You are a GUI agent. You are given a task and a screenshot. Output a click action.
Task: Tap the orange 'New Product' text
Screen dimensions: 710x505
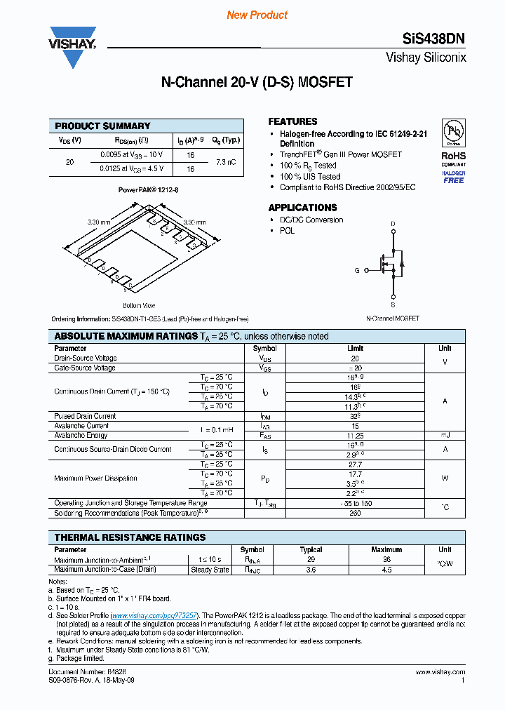[x=257, y=15]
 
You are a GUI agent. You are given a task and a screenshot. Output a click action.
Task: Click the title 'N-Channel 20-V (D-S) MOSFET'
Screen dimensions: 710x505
[x=257, y=82]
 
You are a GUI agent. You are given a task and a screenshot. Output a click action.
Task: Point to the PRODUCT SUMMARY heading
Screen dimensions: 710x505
[x=102, y=126]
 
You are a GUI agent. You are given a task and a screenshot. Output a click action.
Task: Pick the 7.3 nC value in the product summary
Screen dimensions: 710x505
[x=225, y=161]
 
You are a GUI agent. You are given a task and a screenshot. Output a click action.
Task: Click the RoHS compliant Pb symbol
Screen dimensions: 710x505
[x=453, y=133]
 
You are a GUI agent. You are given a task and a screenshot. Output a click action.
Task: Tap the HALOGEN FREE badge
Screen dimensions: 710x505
[x=453, y=177]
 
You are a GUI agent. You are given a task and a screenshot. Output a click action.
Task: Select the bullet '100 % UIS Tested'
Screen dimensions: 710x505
[x=310, y=177]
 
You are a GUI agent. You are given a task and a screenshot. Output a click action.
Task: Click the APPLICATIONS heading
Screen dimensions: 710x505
[x=302, y=208]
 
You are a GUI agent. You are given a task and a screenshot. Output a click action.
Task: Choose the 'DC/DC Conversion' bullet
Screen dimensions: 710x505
[x=311, y=220]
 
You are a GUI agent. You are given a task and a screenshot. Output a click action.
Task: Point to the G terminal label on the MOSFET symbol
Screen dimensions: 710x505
[x=357, y=270]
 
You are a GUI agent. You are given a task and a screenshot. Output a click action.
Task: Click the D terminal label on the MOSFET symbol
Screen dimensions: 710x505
[x=393, y=224]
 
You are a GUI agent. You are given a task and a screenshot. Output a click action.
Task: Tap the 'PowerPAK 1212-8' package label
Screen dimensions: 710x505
[x=148, y=190]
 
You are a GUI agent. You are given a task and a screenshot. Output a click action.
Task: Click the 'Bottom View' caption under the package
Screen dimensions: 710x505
[x=139, y=305]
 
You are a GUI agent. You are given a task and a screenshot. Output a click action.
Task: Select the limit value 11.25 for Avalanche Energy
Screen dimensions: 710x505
[x=356, y=435]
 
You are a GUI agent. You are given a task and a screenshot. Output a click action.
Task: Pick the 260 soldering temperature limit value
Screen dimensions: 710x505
[x=356, y=513]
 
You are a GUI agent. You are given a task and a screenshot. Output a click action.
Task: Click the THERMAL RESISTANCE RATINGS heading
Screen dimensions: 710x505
[x=130, y=537]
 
